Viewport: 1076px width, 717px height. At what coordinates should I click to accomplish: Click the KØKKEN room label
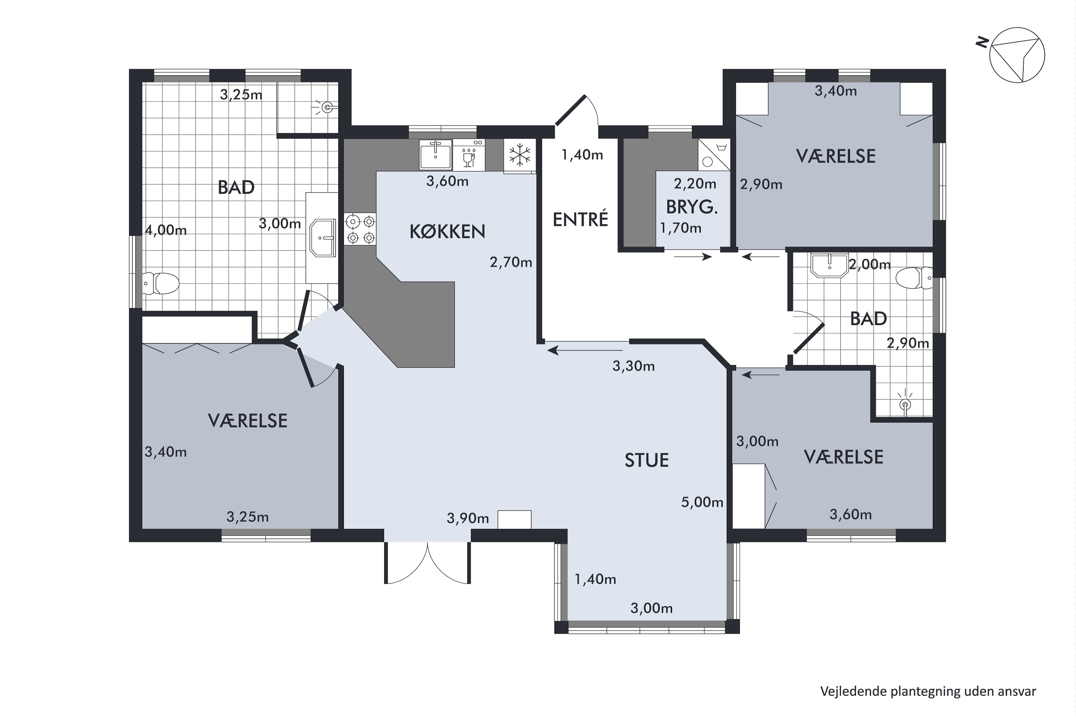coord(447,232)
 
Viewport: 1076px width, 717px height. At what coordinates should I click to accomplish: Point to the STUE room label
coord(646,460)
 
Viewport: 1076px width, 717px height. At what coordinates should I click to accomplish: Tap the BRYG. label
coord(692,208)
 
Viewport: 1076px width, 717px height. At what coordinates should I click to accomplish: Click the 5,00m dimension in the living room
coord(702,503)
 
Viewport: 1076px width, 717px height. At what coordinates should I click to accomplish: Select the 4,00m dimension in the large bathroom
coord(166,230)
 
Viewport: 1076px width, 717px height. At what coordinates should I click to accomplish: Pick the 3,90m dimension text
coord(468,518)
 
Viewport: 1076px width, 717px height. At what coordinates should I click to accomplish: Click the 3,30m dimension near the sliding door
coord(634,366)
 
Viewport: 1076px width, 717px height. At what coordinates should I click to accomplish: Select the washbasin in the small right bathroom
coord(829,266)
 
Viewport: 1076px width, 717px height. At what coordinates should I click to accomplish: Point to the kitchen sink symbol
coord(435,155)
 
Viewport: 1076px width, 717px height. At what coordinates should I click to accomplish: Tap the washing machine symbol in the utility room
coord(714,155)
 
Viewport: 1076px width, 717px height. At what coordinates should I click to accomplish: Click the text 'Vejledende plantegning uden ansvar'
coord(928,692)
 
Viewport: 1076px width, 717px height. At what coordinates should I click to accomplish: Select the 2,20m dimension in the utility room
coord(695,184)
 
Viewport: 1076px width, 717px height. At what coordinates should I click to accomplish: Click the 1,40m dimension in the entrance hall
coord(582,155)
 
